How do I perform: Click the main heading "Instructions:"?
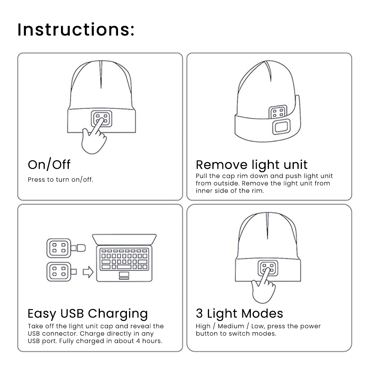point(76,30)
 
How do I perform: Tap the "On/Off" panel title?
point(49,165)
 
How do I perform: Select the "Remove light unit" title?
point(252,165)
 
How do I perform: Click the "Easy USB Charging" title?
point(88,314)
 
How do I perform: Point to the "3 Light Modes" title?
point(239,314)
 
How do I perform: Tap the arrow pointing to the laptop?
point(88,273)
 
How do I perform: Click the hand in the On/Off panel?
point(94,139)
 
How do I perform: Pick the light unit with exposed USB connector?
point(60,272)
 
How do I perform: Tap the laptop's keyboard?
point(124,259)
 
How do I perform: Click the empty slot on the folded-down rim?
point(283,127)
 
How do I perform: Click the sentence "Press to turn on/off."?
point(60,180)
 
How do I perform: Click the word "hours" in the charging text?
point(152,341)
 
